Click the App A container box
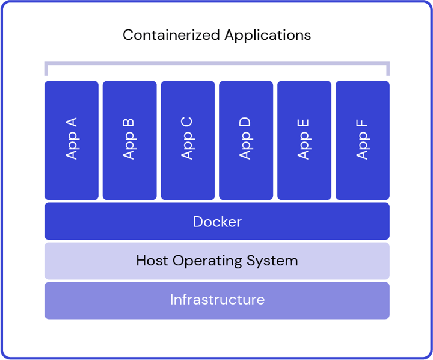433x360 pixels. click(71, 140)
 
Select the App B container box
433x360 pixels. click(129, 140)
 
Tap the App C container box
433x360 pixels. click(188, 140)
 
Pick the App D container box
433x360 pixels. click(246, 140)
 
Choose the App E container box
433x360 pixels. click(304, 140)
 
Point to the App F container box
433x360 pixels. click(363, 140)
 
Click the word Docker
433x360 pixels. click(217, 222)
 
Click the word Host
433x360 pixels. click(152, 261)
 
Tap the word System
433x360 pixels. click(272, 261)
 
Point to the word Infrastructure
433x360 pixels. click(217, 299)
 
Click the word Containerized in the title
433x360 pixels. click(171, 35)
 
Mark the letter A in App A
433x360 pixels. click(71, 122)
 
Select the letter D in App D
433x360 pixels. click(245, 122)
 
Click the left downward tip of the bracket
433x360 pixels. click(46, 75)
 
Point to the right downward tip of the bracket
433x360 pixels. click(388, 75)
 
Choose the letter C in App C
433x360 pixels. click(186, 122)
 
